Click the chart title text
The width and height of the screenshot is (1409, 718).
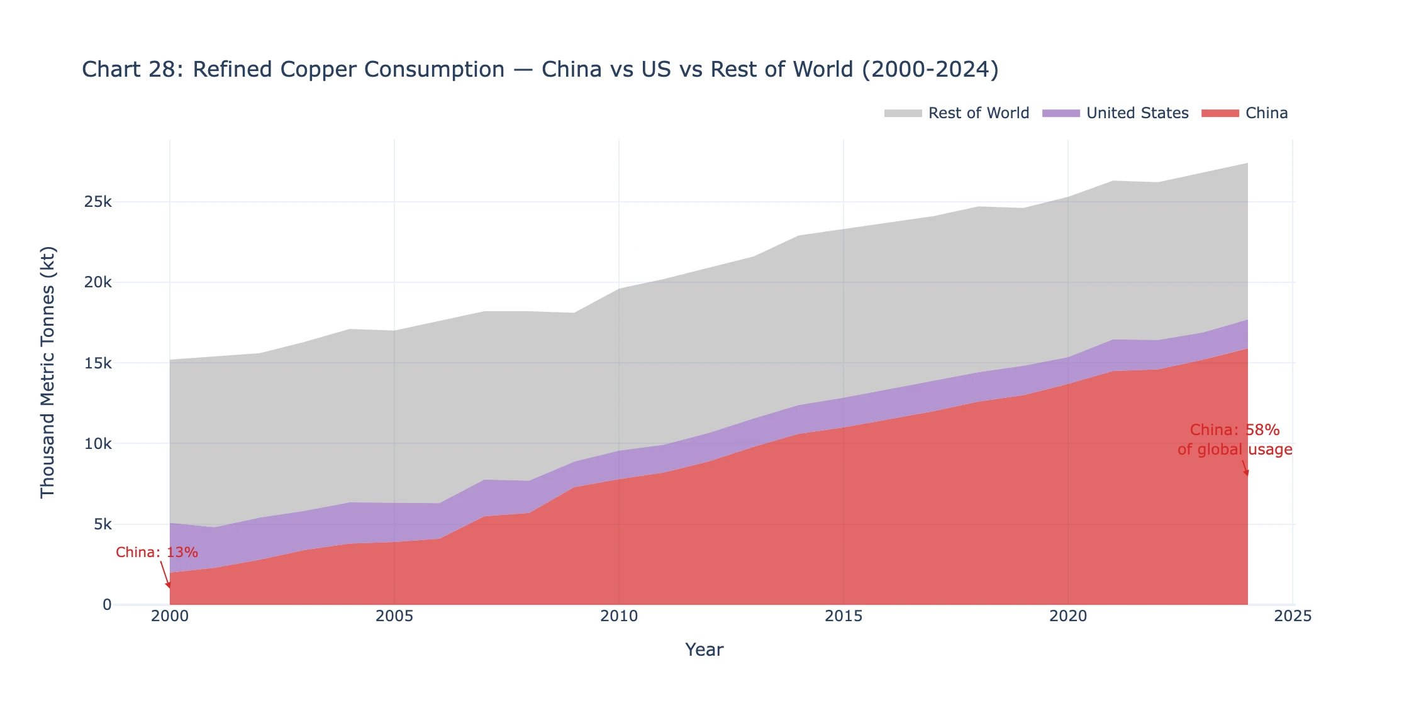[x=540, y=69]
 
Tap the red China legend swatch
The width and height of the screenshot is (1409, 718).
[x=1220, y=113]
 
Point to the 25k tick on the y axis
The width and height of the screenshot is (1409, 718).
[x=98, y=202]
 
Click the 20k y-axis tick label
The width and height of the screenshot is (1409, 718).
[x=98, y=282]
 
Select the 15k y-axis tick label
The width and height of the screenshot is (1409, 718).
[x=98, y=363]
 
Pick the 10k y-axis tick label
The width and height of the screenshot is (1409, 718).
[x=98, y=444]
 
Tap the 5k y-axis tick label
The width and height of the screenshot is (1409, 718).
[x=103, y=524]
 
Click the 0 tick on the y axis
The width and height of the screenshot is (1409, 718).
[x=107, y=605]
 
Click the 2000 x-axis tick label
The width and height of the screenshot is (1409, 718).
[x=170, y=617]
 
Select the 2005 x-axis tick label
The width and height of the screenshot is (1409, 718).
[x=394, y=617]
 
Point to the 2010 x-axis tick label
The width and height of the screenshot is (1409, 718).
[x=619, y=617]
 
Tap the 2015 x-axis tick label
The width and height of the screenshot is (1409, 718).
[x=844, y=617]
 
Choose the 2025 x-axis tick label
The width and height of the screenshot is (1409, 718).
[x=1293, y=617]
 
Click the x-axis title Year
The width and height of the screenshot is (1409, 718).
[x=704, y=650]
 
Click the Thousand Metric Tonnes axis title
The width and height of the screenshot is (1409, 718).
[x=48, y=372]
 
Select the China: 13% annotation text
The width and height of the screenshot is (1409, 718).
[x=157, y=553]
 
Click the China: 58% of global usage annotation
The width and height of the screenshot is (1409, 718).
[x=1235, y=439]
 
